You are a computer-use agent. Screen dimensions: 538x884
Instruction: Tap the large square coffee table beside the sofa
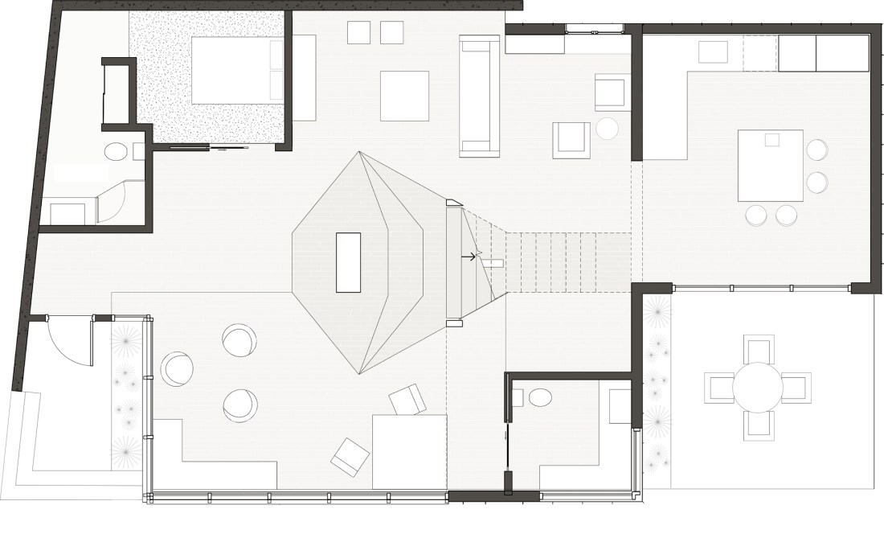pos(404,96)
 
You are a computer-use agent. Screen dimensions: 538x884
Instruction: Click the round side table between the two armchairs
pos(607,129)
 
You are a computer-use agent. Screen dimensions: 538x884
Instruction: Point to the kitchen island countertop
pos(770,165)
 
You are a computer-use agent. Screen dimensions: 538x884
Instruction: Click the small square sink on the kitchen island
pos(771,140)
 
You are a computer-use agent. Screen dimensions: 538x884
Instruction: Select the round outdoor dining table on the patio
pos(757,388)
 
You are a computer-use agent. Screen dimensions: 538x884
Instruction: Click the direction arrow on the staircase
pos(469,257)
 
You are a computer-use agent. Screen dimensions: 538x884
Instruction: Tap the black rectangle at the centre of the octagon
pos(348,262)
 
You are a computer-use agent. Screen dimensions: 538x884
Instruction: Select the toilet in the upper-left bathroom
pos(117,151)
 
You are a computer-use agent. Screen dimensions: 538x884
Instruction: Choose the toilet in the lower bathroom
pos(540,396)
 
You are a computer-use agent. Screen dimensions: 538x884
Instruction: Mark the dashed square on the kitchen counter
pos(759,53)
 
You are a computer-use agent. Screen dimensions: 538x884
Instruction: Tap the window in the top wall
pos(595,30)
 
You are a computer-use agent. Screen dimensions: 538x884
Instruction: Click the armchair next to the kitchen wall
pos(612,92)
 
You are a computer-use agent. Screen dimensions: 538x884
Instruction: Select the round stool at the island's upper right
pos(817,150)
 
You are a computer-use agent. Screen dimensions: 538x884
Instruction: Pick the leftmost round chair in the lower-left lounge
pos(177,369)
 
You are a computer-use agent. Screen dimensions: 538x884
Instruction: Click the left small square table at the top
pos(358,32)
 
